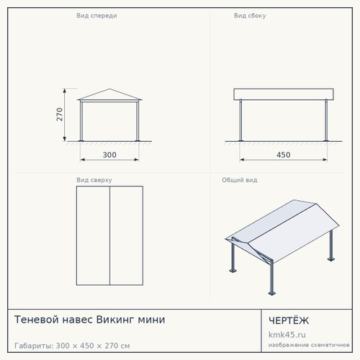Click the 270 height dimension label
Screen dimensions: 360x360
[x=60, y=114]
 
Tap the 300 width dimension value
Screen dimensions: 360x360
[x=109, y=155]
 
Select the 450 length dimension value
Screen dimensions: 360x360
[x=284, y=155]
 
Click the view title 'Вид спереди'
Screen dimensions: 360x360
[x=96, y=16]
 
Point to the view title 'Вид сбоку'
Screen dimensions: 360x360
[x=250, y=16]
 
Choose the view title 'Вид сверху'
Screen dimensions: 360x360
[x=94, y=180]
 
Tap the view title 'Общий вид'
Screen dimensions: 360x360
[x=240, y=180]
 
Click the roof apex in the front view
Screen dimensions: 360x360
[x=109, y=89]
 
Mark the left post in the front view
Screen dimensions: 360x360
[x=81, y=121]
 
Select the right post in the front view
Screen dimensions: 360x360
[x=138, y=121]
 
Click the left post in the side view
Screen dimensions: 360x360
[x=240, y=120]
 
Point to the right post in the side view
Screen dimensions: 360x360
[x=326, y=120]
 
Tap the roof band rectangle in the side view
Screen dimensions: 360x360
[x=284, y=94]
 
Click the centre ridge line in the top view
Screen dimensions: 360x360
[x=109, y=235]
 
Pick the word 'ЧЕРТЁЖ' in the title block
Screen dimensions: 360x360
[x=289, y=320]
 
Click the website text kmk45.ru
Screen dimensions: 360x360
[x=287, y=335]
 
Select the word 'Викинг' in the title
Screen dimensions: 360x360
[x=114, y=320]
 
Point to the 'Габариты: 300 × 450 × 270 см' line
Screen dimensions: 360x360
[x=72, y=346]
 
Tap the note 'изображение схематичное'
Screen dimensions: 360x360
[x=309, y=345]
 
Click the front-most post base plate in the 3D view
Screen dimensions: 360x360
[x=272, y=293]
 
